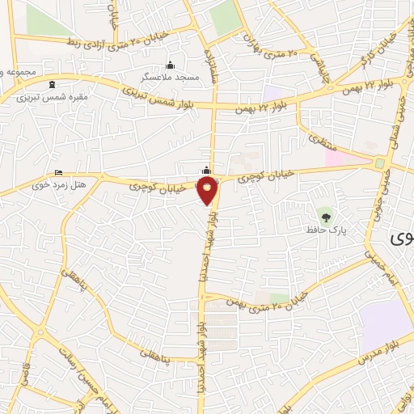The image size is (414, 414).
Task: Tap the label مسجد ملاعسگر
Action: pos(169,76)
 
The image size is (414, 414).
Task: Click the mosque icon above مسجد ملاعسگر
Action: pos(169,65)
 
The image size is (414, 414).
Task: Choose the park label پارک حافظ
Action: pos(326,230)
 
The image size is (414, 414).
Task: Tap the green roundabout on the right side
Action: pos(379,163)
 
